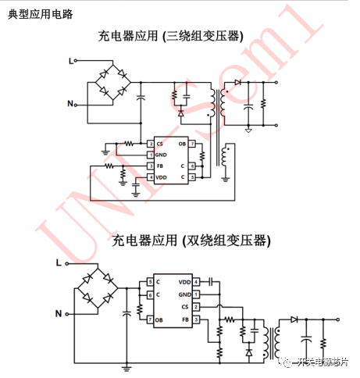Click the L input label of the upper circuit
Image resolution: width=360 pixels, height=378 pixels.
71,60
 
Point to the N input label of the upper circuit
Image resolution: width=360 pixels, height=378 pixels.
71,103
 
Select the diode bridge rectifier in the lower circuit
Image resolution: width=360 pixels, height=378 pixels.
98,289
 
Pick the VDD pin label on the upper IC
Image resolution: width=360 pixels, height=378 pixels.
162,178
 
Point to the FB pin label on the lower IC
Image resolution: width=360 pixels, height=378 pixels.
185,319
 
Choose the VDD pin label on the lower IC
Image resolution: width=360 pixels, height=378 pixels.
184,281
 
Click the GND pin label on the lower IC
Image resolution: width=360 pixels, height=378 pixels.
184,294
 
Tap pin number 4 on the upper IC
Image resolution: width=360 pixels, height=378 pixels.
150,178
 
